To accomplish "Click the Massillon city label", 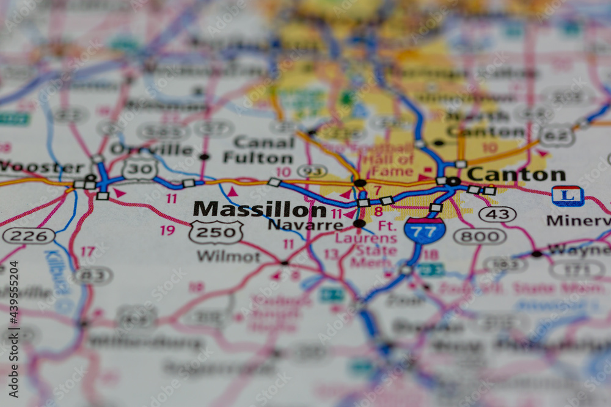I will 260,209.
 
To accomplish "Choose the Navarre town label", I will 305,225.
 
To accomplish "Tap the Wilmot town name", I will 229,256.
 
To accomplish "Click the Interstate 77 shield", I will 424,230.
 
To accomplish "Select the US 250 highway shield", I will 216,232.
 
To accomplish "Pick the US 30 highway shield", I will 139,168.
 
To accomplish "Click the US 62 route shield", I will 557,135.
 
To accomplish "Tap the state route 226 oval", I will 29,236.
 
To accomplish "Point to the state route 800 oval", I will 479,236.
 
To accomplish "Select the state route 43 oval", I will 497,214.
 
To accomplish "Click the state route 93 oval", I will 312,171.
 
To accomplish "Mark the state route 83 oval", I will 93,275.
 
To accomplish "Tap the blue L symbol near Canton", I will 568,196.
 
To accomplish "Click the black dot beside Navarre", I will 359,224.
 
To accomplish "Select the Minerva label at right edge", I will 577,220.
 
